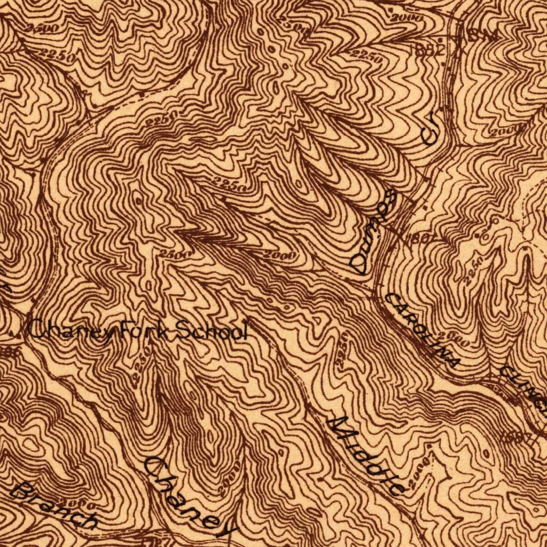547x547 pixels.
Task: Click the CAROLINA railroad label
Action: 422,331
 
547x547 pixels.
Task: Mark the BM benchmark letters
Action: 483,36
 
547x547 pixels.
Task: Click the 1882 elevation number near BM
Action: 428,50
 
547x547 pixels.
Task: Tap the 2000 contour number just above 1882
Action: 407,18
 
